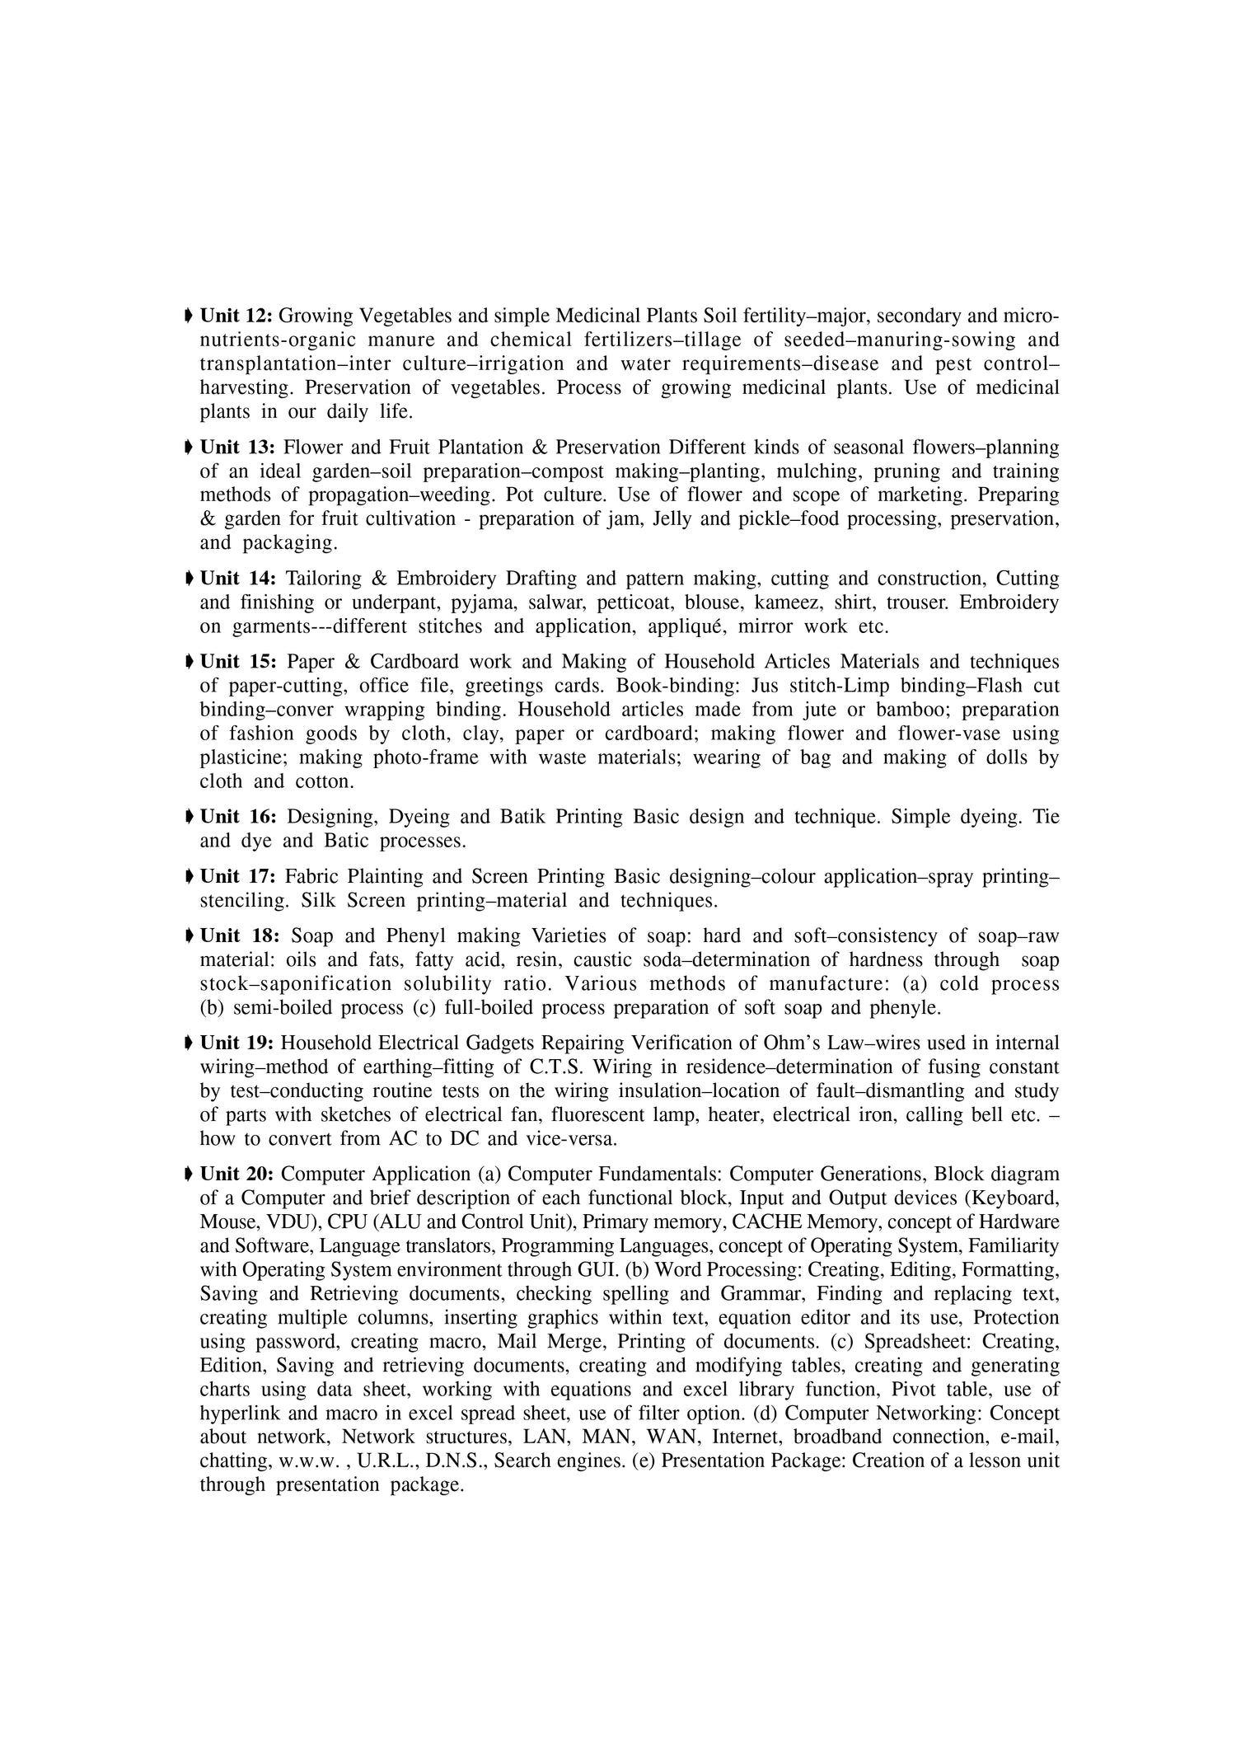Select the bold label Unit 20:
coord(236,1174)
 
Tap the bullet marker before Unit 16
coord(190,817)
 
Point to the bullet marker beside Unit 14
coord(190,579)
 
